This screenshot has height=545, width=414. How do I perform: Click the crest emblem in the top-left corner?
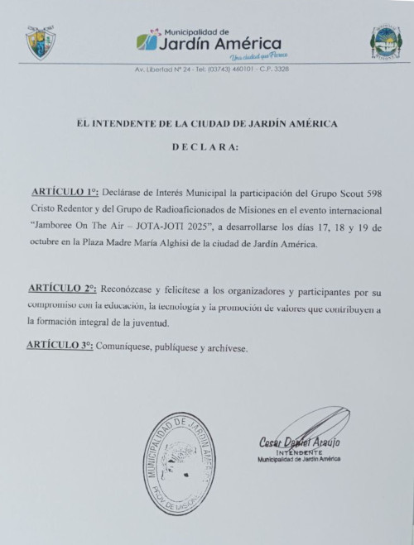40,42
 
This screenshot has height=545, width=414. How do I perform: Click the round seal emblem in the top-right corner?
386,42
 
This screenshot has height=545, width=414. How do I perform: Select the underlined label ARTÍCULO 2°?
63,289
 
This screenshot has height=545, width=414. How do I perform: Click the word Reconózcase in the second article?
129,289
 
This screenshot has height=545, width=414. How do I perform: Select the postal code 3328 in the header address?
281,69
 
